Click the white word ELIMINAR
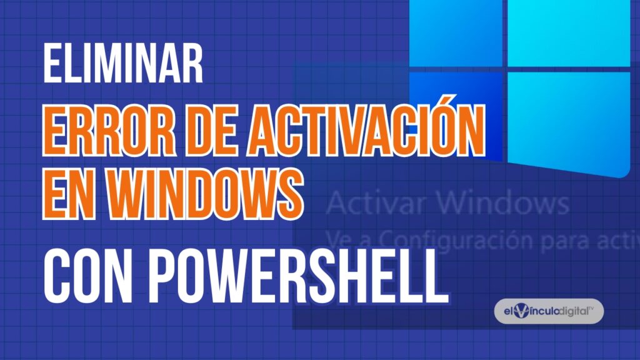tap(123, 65)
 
